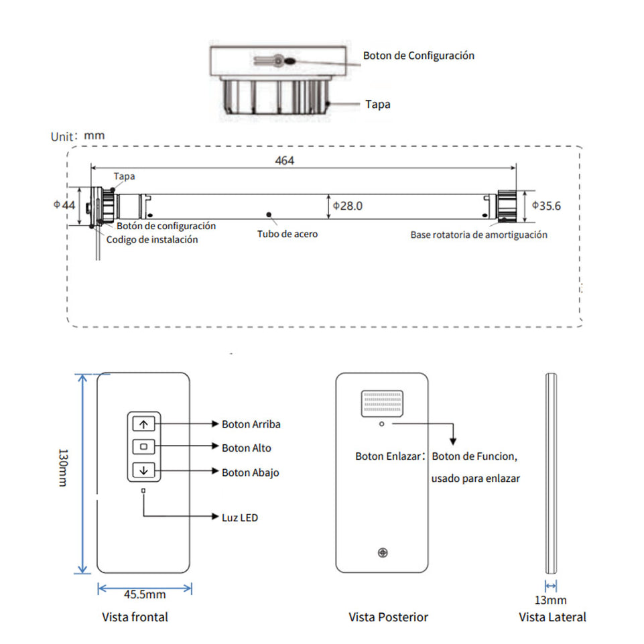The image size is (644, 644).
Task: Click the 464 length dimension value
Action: [x=284, y=160]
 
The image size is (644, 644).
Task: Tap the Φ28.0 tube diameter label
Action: [x=348, y=206]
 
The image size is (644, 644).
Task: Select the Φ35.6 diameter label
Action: [x=546, y=206]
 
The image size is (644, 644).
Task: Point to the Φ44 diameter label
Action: [x=64, y=205]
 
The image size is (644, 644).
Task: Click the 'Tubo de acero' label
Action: [x=287, y=235]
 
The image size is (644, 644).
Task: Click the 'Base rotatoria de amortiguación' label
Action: [x=478, y=235]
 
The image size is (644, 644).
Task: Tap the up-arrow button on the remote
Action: [x=144, y=424]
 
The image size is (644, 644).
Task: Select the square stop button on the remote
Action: [x=144, y=446]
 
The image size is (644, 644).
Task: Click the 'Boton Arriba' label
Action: [x=251, y=424]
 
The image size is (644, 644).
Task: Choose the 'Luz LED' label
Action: [x=239, y=517]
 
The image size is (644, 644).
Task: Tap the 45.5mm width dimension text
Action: [x=145, y=594]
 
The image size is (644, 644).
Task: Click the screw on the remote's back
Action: [x=382, y=553]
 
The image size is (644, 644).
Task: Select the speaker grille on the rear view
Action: [x=381, y=403]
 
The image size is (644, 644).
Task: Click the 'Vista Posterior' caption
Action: [x=388, y=617]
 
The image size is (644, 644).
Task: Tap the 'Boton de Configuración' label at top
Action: [x=419, y=56]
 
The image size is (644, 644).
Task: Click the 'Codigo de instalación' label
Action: [x=152, y=239]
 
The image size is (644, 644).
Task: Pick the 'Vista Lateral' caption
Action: [x=552, y=617]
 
